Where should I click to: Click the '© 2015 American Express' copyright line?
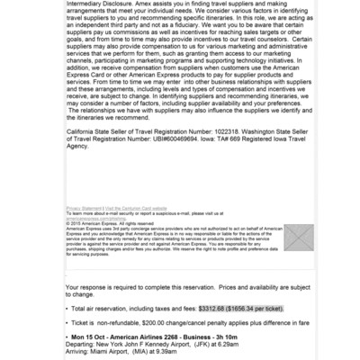[x=100, y=221]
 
